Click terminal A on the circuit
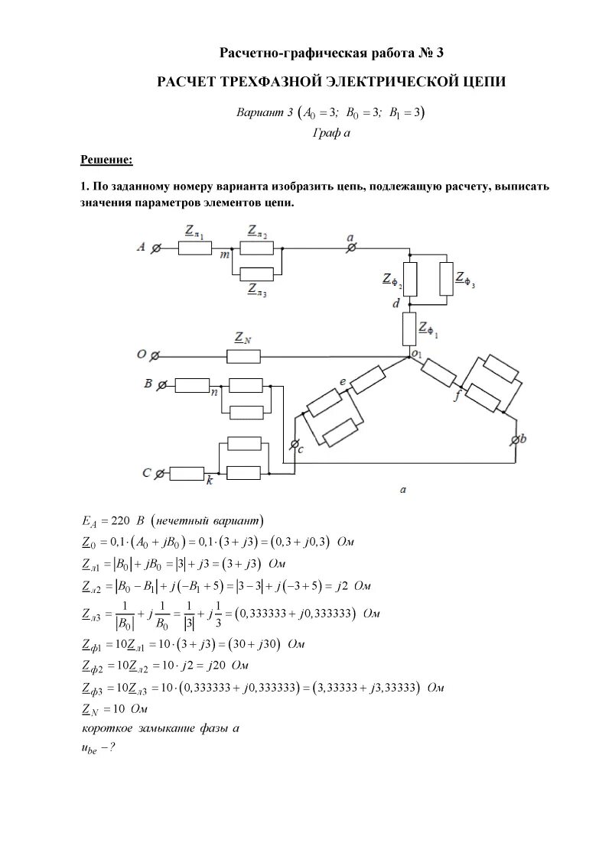[x=155, y=248]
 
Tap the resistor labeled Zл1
[x=194, y=248]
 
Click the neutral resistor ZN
[x=243, y=356]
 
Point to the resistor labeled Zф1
[x=409, y=328]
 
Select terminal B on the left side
[x=161, y=385]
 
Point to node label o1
[x=417, y=353]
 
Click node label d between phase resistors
[x=396, y=304]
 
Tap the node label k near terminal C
[x=209, y=481]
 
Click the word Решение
[x=106, y=160]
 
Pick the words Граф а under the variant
[x=331, y=133]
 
